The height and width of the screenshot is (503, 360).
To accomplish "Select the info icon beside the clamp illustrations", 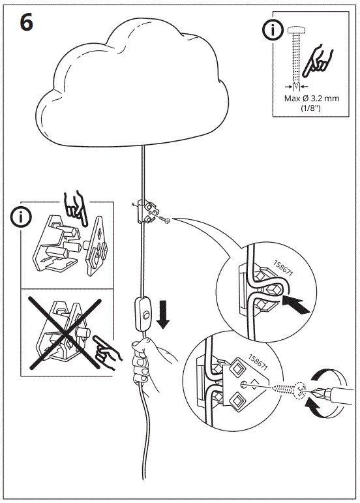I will pos(25,217).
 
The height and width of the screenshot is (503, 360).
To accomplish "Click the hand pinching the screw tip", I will pos(318,62).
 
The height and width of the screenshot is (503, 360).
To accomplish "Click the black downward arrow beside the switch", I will pos(164,314).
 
